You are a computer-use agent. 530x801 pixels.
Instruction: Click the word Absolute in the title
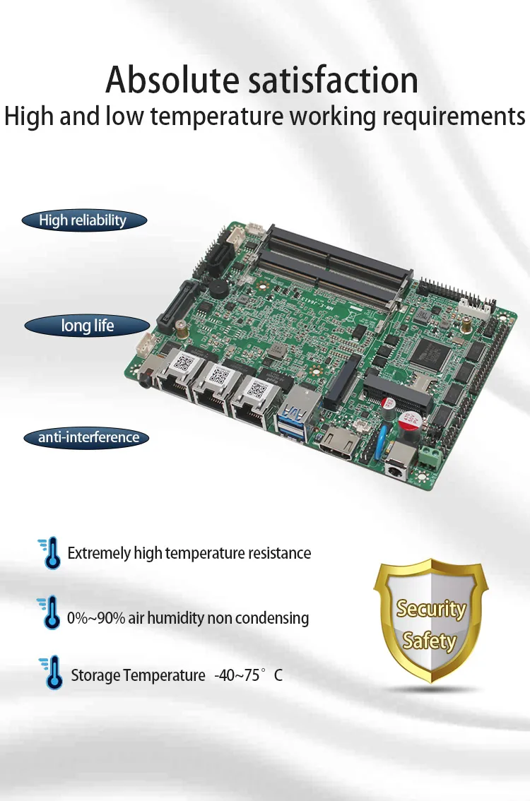click(172, 80)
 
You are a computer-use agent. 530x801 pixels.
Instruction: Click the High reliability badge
click(83, 220)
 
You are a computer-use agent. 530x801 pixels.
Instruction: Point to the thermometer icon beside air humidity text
click(50, 612)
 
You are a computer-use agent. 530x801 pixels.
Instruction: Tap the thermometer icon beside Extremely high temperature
click(50, 553)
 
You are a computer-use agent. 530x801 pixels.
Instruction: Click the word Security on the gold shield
click(430, 609)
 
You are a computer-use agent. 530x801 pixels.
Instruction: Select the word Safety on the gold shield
click(429, 641)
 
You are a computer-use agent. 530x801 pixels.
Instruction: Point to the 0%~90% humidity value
click(96, 618)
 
